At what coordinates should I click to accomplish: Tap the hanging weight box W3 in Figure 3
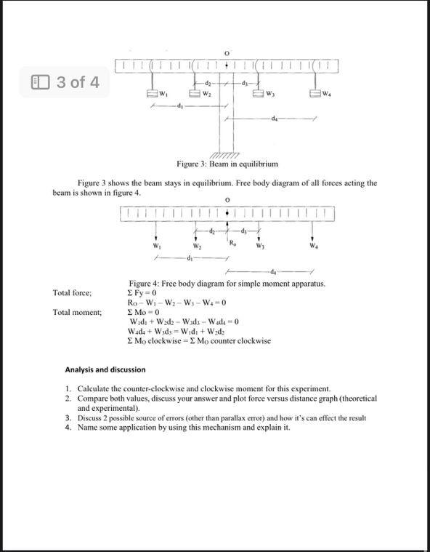[259, 93]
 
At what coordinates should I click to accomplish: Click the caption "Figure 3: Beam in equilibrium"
[227, 164]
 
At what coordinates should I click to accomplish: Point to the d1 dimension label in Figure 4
[190, 257]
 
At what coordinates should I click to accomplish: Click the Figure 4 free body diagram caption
[227, 283]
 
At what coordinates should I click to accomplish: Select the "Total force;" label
[73, 292]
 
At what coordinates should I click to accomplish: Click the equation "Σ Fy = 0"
[142, 292]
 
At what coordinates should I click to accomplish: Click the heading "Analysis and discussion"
[105, 369]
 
